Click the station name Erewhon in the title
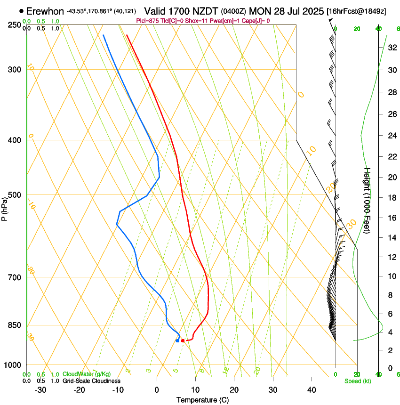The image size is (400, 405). [x=45, y=10]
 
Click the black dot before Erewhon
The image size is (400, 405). [x=22, y=10]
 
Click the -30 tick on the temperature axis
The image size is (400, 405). [x=40, y=390]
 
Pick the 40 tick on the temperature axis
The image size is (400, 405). [x=312, y=390]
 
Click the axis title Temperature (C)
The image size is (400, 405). [x=202, y=400]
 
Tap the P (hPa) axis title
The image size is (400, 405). [x=5, y=206]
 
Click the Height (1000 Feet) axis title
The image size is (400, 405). [x=368, y=201]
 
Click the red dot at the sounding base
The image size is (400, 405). [x=183, y=340]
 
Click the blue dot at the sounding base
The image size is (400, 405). [x=177, y=340]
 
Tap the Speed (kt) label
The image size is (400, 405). [x=358, y=381]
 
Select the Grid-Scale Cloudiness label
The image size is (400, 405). [x=91, y=381]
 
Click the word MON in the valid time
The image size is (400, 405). [x=260, y=10]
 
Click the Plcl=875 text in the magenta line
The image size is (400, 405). [x=148, y=21]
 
